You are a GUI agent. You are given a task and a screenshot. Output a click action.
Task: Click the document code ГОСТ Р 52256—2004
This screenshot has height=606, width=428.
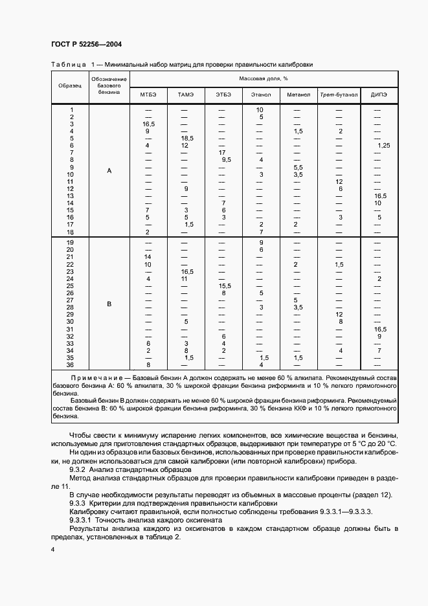coord(86,44)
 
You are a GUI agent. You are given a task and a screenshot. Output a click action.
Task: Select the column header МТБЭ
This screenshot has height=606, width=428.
coord(148,95)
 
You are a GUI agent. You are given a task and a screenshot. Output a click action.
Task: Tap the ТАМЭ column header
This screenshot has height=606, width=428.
coord(185,95)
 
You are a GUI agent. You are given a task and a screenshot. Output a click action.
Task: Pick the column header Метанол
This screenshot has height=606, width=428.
coord(298,95)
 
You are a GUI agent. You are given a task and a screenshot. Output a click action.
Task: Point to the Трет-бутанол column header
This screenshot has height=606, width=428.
coord(339,95)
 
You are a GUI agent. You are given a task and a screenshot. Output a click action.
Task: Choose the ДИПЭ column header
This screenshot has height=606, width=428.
coord(379,95)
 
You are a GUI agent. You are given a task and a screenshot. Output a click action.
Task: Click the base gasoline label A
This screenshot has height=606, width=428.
coord(109,171)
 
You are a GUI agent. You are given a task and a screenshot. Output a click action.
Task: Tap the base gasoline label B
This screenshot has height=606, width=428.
coord(109,304)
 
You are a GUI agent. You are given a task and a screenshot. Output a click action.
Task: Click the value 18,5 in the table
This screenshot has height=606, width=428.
coord(187,139)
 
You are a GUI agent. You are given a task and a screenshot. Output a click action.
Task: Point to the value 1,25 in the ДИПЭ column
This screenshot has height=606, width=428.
coord(383,146)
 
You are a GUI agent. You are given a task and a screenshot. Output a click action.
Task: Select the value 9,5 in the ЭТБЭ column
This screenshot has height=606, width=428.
coord(226,160)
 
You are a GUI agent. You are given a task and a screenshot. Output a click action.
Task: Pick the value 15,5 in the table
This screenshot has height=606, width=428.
coord(225,286)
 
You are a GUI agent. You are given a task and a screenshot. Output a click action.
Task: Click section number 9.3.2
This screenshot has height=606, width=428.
coord(77,469)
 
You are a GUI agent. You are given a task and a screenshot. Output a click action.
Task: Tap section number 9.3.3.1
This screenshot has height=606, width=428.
coord(81,520)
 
